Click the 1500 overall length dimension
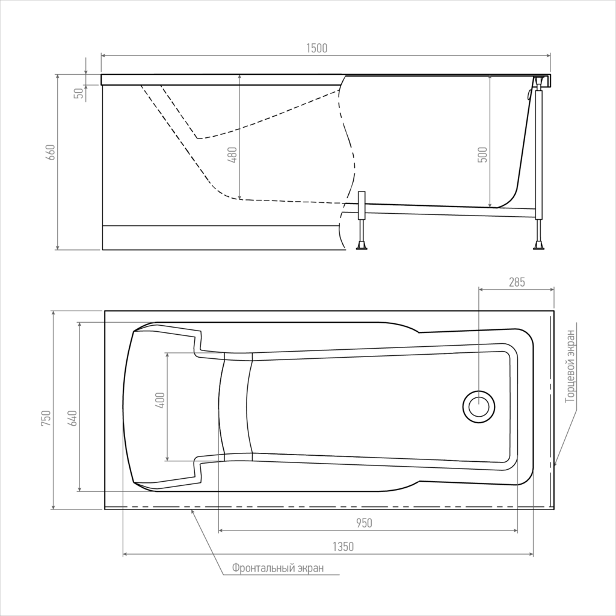[x=316, y=48]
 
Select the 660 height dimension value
[x=51, y=152]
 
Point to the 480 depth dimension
[x=232, y=155]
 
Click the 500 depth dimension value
[x=483, y=155]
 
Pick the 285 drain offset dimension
[x=517, y=282]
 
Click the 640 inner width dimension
[x=72, y=418]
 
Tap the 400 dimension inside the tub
[x=160, y=400]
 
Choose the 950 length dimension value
[x=364, y=523]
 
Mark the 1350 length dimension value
[x=343, y=546]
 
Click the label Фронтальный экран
[x=278, y=568]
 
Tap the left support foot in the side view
[x=361, y=246]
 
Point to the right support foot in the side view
[x=538, y=246]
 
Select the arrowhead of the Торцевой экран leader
[x=555, y=464]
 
